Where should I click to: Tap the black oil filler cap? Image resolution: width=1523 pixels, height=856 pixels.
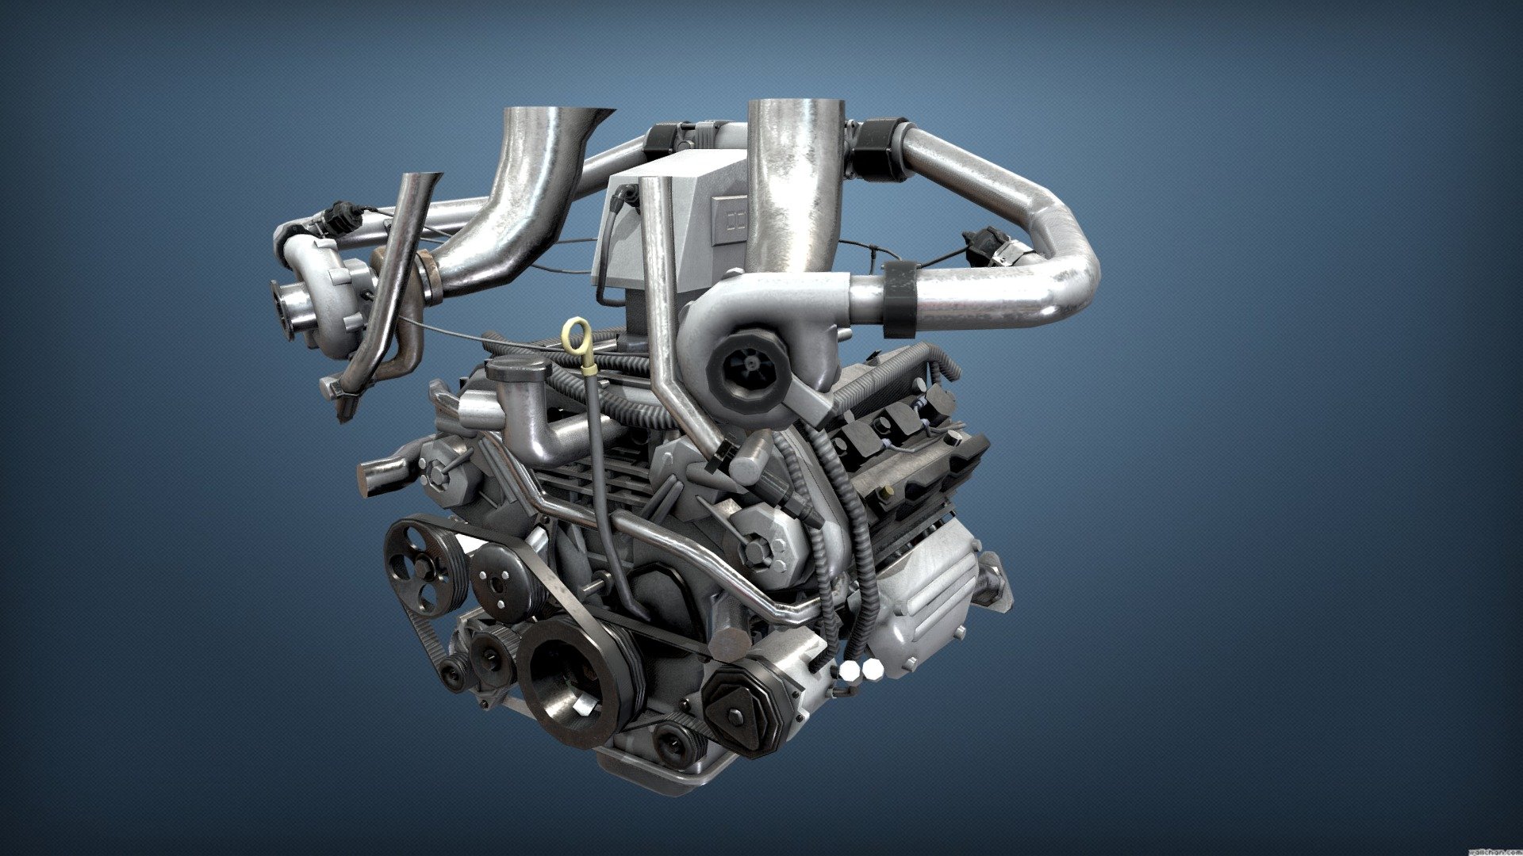518,370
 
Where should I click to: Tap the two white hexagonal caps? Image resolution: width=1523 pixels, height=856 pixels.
861,670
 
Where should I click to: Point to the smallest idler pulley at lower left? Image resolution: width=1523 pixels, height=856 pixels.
455,674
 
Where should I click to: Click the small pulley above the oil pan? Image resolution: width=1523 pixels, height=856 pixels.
674,743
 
